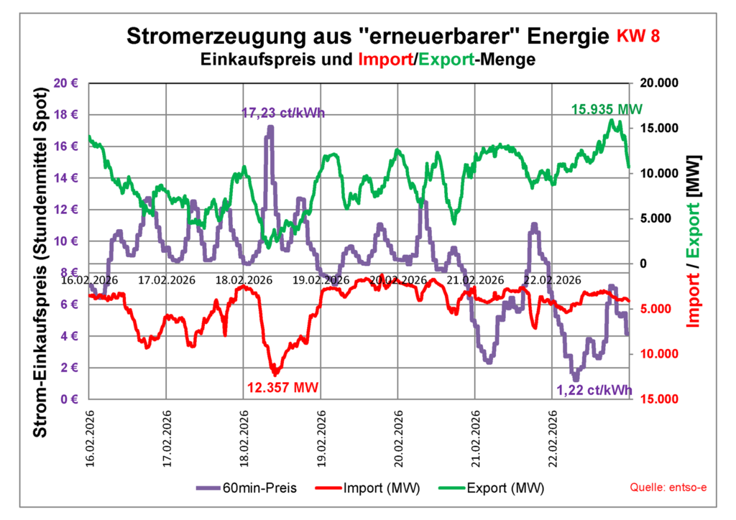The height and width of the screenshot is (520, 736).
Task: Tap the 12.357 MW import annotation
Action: tap(282, 387)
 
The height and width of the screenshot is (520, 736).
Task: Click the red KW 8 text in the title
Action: tap(638, 37)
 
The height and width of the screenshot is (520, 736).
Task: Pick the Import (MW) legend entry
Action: tap(367, 488)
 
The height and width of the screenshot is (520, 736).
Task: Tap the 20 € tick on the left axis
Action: tap(66, 83)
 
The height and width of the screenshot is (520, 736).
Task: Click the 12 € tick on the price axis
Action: tap(66, 210)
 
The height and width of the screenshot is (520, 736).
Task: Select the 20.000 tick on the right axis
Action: tap(658, 83)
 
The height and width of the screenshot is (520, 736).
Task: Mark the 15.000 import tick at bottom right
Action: tap(658, 399)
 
